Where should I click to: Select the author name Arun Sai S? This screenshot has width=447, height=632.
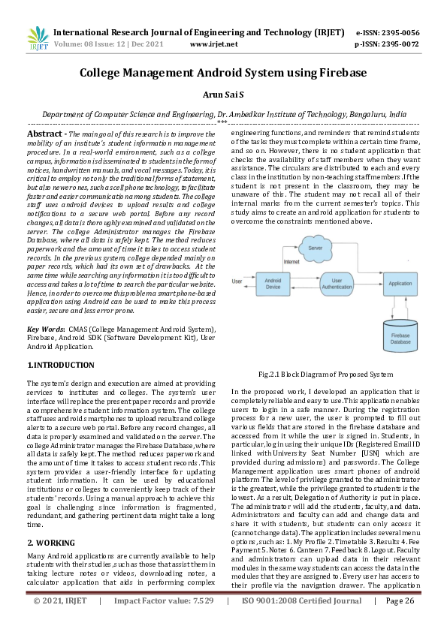tap(223, 96)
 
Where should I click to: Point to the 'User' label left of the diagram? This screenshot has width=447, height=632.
tap(237, 281)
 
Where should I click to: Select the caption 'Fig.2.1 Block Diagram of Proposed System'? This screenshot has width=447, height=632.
tap(325, 373)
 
